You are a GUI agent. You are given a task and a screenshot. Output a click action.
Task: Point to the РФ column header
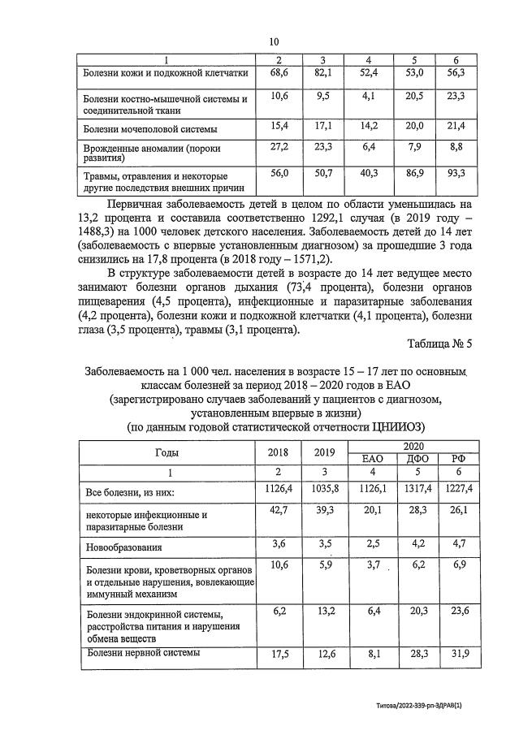click(x=458, y=459)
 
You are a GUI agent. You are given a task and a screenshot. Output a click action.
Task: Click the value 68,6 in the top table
click(x=279, y=73)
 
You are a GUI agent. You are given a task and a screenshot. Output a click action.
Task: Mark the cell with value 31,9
click(x=458, y=655)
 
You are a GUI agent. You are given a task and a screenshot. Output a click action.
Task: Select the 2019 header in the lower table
click(x=324, y=452)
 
